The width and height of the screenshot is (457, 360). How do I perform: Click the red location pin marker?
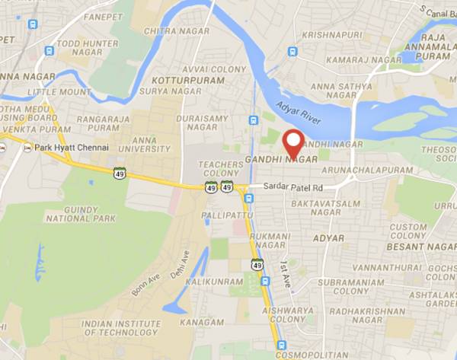coord(293,143)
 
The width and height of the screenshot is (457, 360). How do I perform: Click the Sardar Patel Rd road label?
coord(294,187)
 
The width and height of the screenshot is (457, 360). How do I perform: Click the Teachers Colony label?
coord(219,169)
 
